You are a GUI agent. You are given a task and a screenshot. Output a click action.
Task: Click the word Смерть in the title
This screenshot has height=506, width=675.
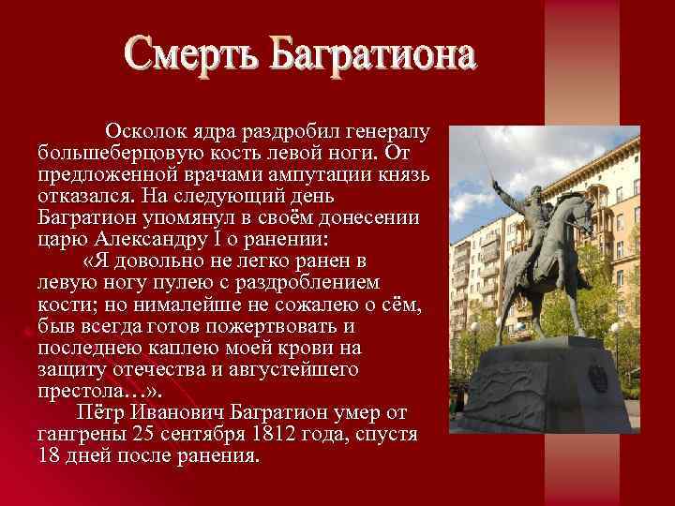[x=190, y=58]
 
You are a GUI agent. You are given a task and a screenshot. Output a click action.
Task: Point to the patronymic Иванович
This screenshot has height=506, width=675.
[x=181, y=413]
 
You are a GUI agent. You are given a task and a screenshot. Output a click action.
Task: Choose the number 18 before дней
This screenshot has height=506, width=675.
[x=50, y=457]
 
